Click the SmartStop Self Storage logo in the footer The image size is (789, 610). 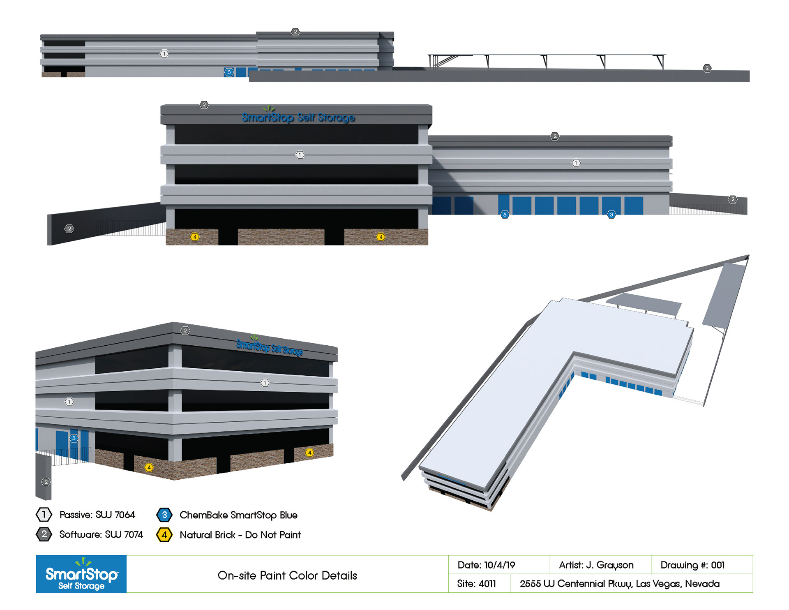pyautogui.click(x=81, y=574)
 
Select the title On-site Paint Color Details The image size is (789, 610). pyautogui.click(x=287, y=575)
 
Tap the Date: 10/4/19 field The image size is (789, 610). pyautogui.click(x=486, y=565)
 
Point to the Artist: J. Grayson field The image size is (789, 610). pyautogui.click(x=596, y=565)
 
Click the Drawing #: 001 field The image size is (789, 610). pyautogui.click(x=692, y=565)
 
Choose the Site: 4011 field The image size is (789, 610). pyautogui.click(x=476, y=584)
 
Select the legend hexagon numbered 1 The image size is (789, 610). pyautogui.click(x=44, y=514)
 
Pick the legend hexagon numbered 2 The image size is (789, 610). pyautogui.click(x=44, y=534)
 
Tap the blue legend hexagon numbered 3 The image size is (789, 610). pyautogui.click(x=164, y=515)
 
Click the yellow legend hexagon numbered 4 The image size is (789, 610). pyautogui.click(x=164, y=535)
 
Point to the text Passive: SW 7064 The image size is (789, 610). pyautogui.click(x=97, y=515)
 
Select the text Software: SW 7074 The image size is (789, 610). pyautogui.click(x=101, y=534)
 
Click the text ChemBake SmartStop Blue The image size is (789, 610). pyautogui.click(x=238, y=515)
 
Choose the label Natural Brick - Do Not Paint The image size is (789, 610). pyautogui.click(x=240, y=535)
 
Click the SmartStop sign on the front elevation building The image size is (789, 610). pyautogui.click(x=298, y=117)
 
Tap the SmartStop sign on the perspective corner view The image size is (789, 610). pyautogui.click(x=270, y=347)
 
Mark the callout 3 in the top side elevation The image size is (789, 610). pyautogui.click(x=229, y=72)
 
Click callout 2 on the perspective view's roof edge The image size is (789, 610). pyautogui.click(x=185, y=330)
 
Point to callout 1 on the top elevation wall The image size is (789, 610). pyautogui.click(x=164, y=54)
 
